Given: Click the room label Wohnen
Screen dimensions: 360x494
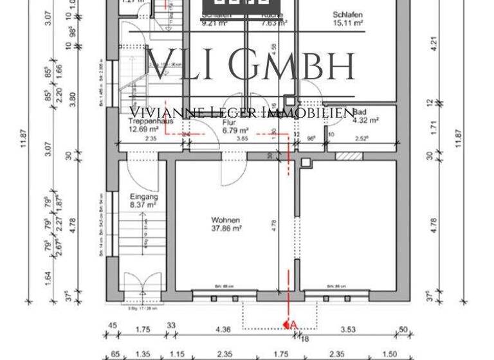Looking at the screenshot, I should (x=225, y=220).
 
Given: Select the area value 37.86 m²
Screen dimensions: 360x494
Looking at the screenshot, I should (x=226, y=228).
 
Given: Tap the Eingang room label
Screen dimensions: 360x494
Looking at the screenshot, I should (x=143, y=197).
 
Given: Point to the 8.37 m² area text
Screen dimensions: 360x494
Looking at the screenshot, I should (x=143, y=205).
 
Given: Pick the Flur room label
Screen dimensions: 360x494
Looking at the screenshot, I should (x=228, y=121).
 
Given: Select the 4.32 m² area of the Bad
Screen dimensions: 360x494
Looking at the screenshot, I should (x=364, y=120).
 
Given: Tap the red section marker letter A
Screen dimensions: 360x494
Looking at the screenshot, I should (x=293, y=325).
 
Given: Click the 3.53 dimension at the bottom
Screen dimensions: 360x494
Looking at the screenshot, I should (x=348, y=330).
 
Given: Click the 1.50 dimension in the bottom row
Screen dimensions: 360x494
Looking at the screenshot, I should (x=390, y=354).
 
